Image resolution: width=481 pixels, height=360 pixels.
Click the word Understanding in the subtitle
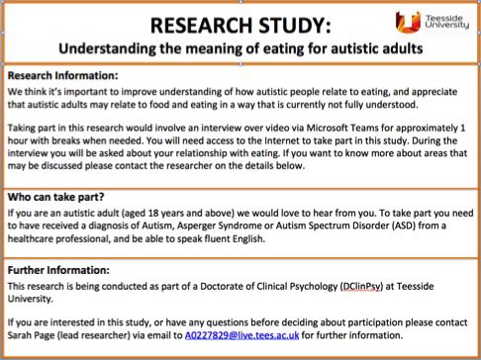108,46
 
